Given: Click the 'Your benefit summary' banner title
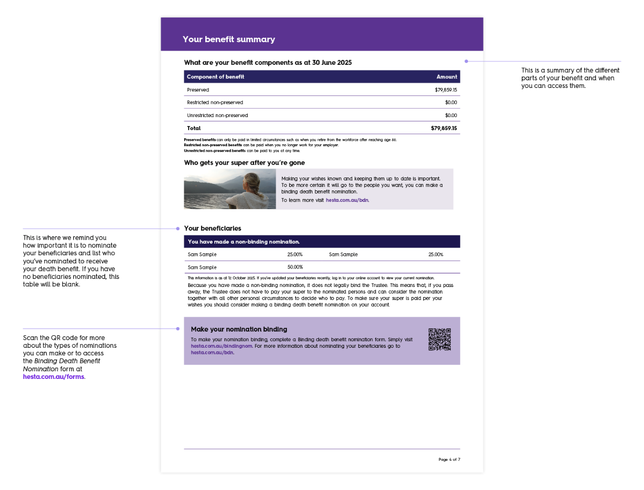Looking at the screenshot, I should [x=229, y=39].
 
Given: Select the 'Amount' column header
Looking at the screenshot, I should [x=447, y=77].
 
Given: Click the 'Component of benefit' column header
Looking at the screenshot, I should [x=215, y=77].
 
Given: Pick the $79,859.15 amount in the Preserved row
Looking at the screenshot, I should [x=446, y=90].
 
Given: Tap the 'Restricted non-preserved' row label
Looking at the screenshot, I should [x=215, y=103].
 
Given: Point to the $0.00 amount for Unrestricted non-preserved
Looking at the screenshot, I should [x=451, y=116].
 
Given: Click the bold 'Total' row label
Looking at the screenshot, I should [x=194, y=128].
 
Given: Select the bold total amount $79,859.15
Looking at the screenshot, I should [x=444, y=128].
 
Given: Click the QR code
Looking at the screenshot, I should [x=439, y=339].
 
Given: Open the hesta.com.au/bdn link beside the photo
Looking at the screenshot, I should [x=347, y=200].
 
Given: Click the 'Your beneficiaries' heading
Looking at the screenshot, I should [x=212, y=228].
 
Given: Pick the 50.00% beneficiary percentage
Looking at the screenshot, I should [x=295, y=267].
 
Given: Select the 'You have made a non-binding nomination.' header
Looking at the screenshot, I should [x=244, y=242].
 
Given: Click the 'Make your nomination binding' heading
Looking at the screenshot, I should [x=239, y=329].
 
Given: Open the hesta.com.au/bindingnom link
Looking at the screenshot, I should [x=221, y=346].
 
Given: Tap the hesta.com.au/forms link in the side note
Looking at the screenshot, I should [x=54, y=377].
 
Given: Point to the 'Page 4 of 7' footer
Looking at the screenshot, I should [x=449, y=459].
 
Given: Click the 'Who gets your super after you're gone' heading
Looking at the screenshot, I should [x=245, y=163].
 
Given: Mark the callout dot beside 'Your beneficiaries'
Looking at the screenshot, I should [x=178, y=229].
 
